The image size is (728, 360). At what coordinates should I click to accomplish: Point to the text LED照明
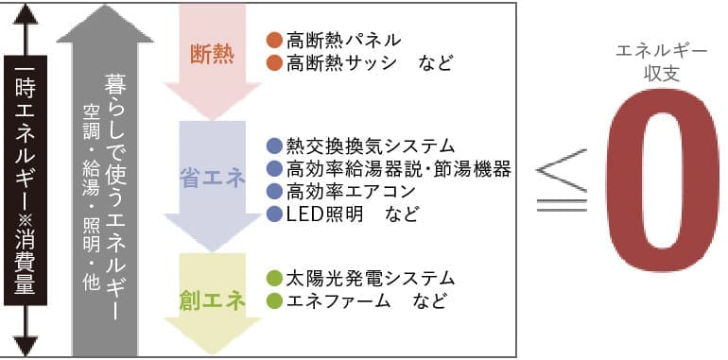[324, 214]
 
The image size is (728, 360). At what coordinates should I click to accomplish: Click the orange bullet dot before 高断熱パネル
[274, 41]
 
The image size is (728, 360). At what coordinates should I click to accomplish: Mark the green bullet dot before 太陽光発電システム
[274, 279]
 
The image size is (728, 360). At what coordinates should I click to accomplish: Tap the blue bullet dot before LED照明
[274, 214]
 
